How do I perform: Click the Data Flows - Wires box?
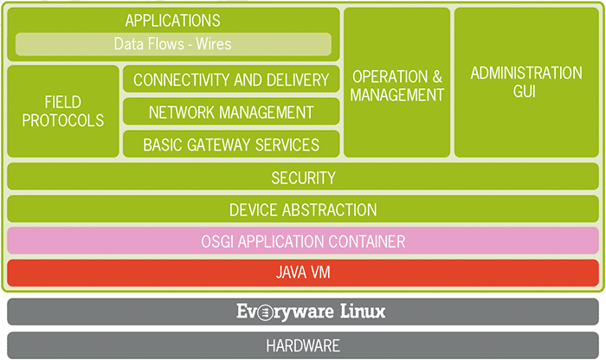point(173,44)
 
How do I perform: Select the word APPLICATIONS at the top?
point(173,20)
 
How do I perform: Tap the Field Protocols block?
point(63,112)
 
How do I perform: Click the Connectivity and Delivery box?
point(231,80)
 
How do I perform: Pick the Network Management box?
point(231,112)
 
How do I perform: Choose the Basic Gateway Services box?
point(231,145)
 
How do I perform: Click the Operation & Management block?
point(397,84)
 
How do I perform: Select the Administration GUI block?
point(526,82)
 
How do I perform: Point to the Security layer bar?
point(303,177)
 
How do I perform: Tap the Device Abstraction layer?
point(303,209)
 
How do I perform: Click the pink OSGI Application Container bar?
point(303,241)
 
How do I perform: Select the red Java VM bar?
point(303,273)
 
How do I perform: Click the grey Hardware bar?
point(303,345)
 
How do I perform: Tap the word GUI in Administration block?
point(526,91)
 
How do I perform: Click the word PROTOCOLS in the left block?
point(63,120)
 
